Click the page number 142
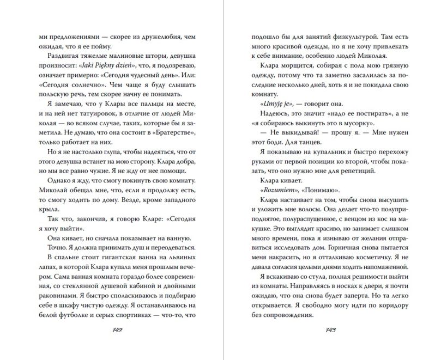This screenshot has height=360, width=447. (x=116, y=330)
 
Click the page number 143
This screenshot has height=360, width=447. (x=331, y=330)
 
